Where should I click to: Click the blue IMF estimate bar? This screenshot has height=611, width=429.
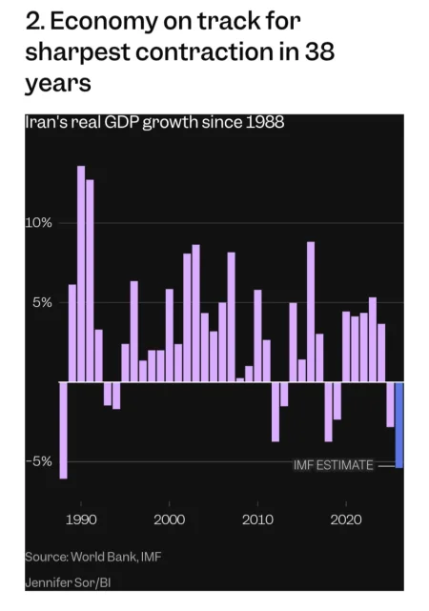[x=399, y=425]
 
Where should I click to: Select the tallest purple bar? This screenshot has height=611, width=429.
[x=81, y=274]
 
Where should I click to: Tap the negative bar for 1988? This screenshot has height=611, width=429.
[x=63, y=430]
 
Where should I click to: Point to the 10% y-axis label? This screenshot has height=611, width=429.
[x=38, y=223]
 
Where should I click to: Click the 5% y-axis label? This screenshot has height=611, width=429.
[x=43, y=302]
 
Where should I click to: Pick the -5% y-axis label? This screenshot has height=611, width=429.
[x=38, y=461]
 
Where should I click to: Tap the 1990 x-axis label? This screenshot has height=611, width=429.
[x=81, y=519]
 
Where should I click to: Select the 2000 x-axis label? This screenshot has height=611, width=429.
[x=169, y=519]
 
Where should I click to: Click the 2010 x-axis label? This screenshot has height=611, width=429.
[x=257, y=519]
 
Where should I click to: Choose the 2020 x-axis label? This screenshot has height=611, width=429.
[x=346, y=519]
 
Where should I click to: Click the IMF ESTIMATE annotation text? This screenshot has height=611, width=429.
[x=333, y=465]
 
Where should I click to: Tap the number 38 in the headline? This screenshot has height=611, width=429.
[x=319, y=51]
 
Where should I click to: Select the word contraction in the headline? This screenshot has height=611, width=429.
[x=204, y=51]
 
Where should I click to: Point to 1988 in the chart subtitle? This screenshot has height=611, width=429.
[x=265, y=122]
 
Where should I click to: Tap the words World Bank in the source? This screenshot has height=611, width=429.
[x=105, y=556]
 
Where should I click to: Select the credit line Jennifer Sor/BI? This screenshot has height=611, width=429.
[x=69, y=582]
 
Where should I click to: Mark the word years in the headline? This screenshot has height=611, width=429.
[x=58, y=84]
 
